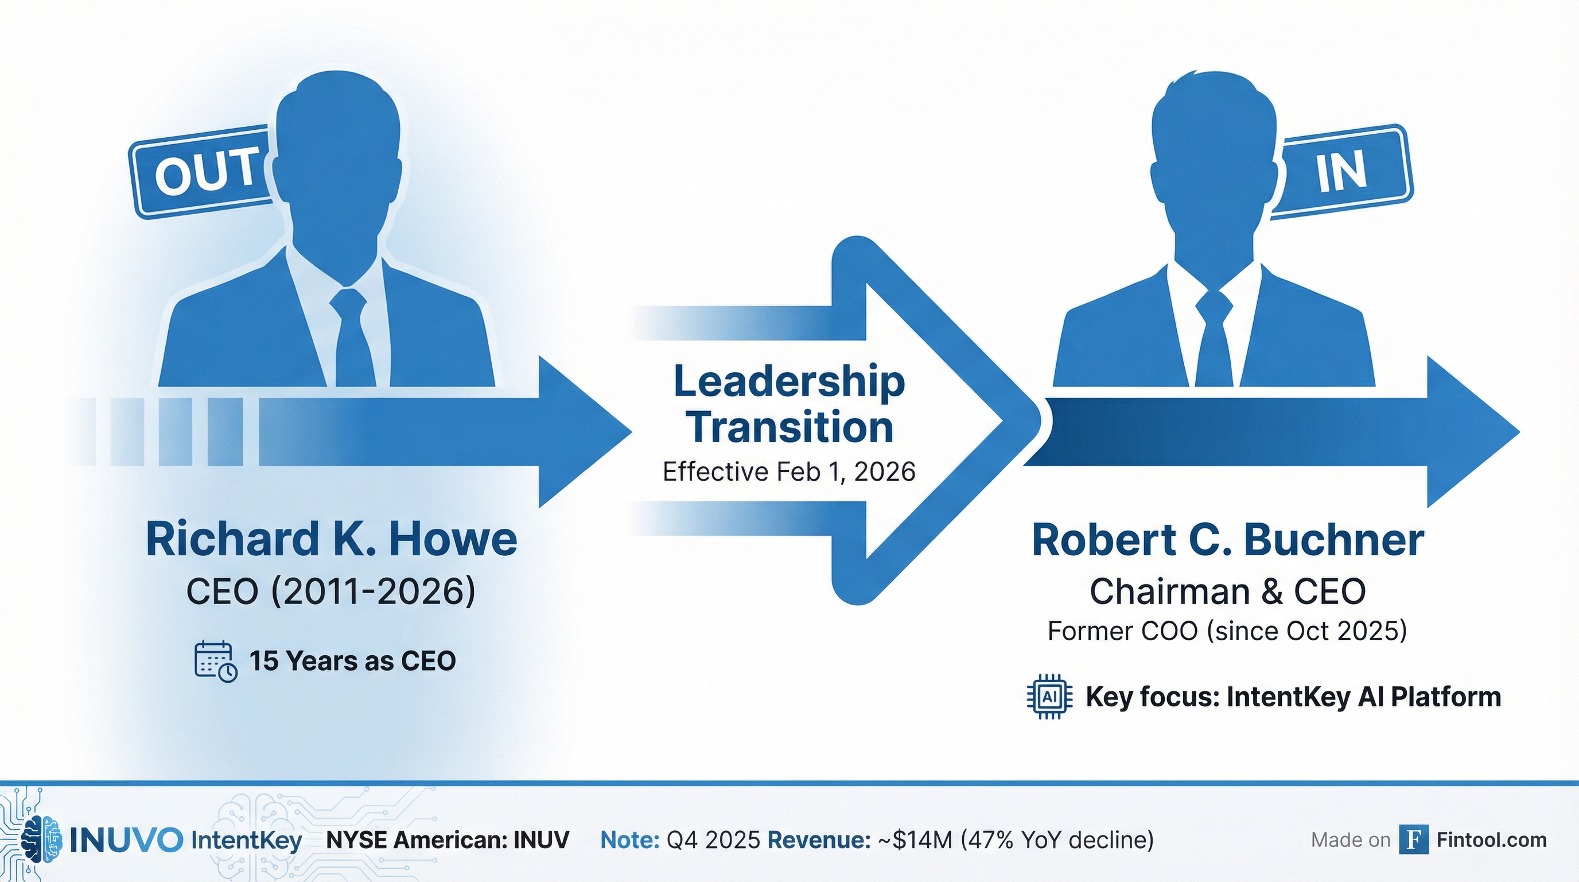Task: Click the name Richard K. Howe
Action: (x=331, y=539)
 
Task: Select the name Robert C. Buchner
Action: (x=1228, y=540)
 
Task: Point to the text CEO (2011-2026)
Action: (x=331, y=592)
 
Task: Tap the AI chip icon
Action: (x=1049, y=697)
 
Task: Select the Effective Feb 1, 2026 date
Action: (x=789, y=471)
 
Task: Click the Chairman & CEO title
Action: (x=1228, y=592)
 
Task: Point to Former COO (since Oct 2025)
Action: (x=1227, y=631)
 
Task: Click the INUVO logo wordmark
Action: (x=126, y=840)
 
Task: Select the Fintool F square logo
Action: (x=1414, y=840)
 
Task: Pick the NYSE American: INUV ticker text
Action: (x=448, y=840)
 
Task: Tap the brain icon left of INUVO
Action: (x=41, y=840)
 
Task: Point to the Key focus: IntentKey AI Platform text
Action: (x=1293, y=697)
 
